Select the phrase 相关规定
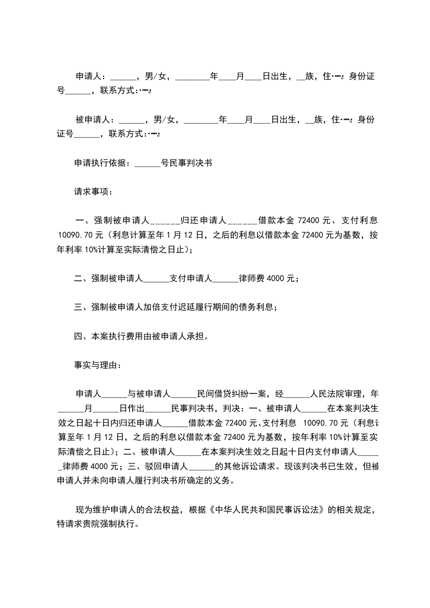click(352, 510)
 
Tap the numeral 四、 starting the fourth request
click(81, 336)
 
